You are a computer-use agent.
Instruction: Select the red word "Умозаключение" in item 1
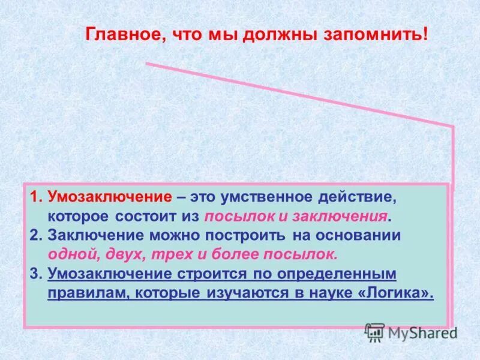click(110, 197)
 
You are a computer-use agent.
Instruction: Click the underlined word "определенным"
click(337, 274)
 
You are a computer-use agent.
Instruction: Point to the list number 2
click(36, 235)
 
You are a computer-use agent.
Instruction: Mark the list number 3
click(36, 274)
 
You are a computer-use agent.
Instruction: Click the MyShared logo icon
click(374, 332)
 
